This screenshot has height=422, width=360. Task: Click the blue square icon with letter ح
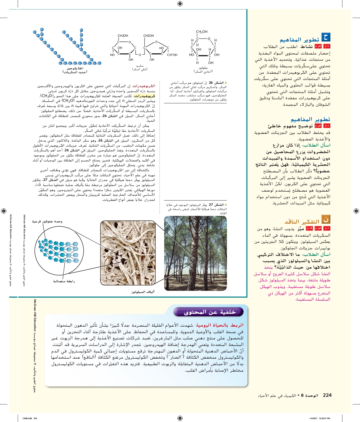point(326,37)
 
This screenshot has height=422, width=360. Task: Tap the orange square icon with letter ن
point(326,219)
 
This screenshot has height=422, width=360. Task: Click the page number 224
point(327,395)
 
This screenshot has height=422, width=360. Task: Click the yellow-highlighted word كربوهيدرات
point(144,96)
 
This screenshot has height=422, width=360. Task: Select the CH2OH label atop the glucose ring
point(202,32)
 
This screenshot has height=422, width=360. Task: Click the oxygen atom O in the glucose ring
point(209,39)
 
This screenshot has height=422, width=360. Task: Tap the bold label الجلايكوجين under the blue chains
point(75,68)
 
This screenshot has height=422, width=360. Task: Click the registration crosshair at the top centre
point(180,4)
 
